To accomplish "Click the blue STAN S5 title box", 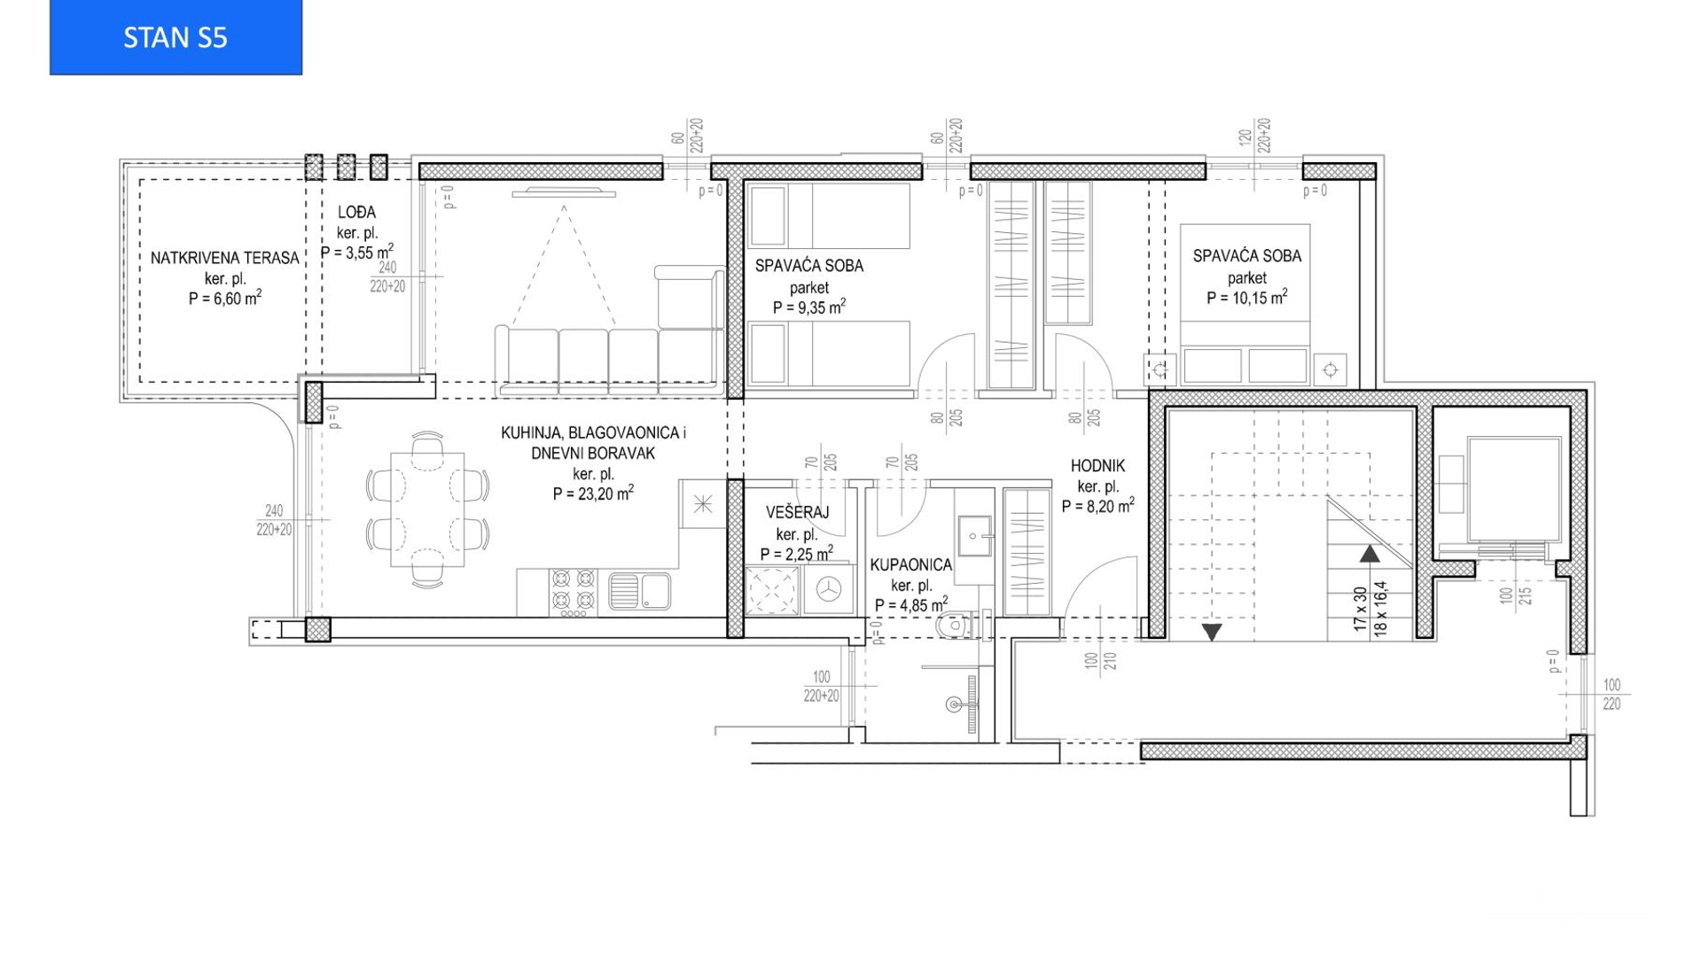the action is [176, 37].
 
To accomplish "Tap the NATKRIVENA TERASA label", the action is [224, 258].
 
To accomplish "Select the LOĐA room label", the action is [356, 212].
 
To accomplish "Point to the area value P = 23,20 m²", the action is [593, 494].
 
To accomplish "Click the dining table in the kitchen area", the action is [427, 510].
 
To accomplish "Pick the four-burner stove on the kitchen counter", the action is [573, 592].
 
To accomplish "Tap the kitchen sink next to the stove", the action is [640, 592].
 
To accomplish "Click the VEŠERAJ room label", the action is [797, 512].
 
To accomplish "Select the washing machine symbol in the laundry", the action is [829, 589].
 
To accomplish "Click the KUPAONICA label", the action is [910, 564].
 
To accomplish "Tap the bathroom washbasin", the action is [975, 535].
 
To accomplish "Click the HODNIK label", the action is [1097, 465].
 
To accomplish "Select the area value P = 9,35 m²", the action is [808, 307].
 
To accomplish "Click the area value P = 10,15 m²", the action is [1246, 298].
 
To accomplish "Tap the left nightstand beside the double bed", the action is [1159, 369].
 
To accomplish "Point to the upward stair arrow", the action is [1370, 554].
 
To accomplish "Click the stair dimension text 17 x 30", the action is [1360, 609].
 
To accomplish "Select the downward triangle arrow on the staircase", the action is [1212, 632].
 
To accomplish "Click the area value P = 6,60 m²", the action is [224, 299].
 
